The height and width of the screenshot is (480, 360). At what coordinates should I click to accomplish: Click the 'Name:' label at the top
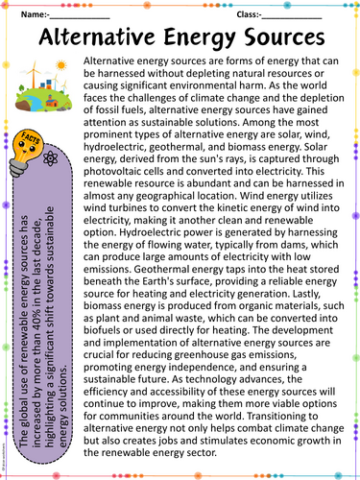(31, 15)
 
